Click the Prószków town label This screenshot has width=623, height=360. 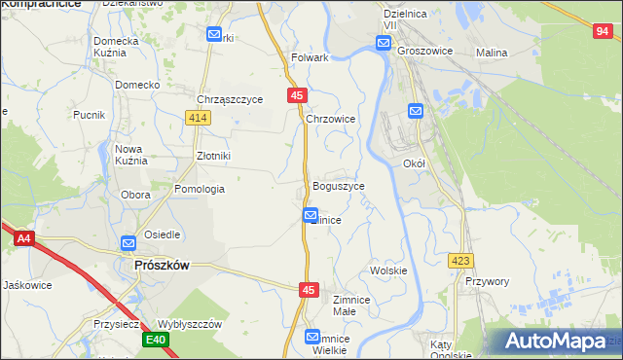tap(162, 264)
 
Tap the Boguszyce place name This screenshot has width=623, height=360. tap(338, 186)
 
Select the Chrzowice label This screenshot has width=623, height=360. tap(330, 119)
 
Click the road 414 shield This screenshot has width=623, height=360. tap(199, 118)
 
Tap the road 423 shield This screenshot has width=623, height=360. tap(461, 261)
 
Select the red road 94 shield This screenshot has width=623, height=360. tap(602, 31)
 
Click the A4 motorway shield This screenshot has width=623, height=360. tap(23, 236)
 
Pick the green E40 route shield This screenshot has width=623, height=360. tap(155, 340)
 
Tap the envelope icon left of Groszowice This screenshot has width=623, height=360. tap(384, 43)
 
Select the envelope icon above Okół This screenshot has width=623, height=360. tap(415, 111)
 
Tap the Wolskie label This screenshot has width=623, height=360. tap(387, 270)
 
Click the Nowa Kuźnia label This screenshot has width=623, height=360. tap(129, 156)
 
